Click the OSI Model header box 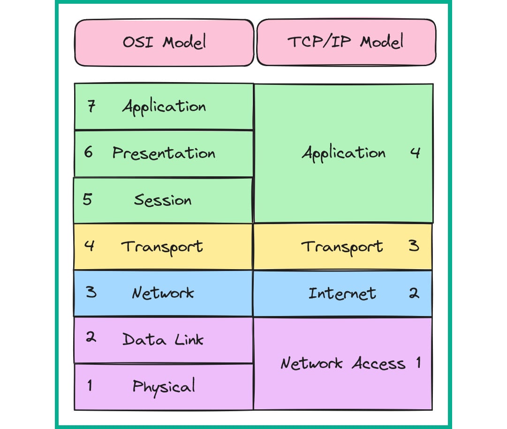tap(164, 42)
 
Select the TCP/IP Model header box tap(346, 42)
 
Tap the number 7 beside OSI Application tap(91, 106)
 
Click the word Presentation tap(164, 153)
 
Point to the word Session tap(163, 200)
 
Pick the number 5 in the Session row tap(88, 199)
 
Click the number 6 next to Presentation tap(88, 152)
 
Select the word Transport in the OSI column tap(162, 247)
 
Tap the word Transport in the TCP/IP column tap(342, 247)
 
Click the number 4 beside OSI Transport tap(89, 246)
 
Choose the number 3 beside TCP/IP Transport tap(414, 246)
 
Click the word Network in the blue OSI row tap(163, 293)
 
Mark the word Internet tap(342, 294)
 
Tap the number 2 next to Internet tap(414, 293)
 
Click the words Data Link tap(163, 339)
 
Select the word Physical tap(163, 387)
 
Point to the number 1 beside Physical tap(89, 386)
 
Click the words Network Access tap(343, 363)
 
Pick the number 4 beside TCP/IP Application tap(415, 153)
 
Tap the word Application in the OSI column tap(164, 107)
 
